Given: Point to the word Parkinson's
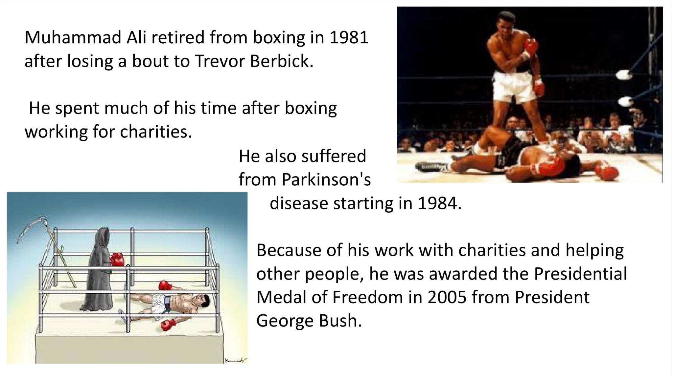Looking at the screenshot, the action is pos(326,179).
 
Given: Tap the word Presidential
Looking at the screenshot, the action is pos(580,274).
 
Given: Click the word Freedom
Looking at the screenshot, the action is pos(368,297).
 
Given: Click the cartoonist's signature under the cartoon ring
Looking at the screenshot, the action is pos(235,360).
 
